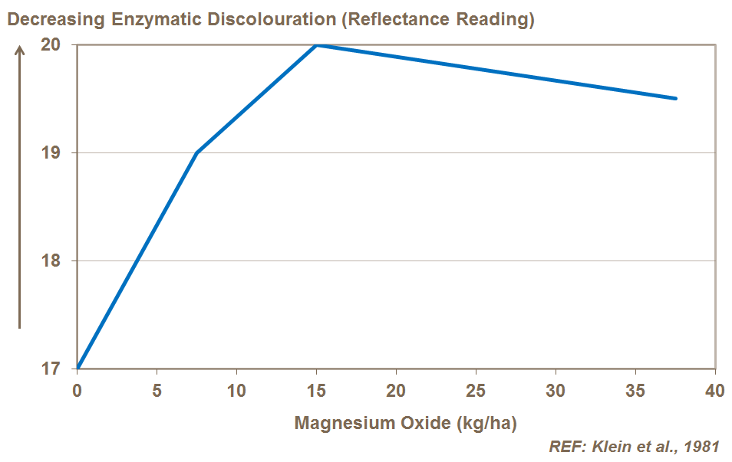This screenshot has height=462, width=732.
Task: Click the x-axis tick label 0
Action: point(77,391)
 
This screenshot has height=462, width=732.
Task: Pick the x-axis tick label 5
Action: point(157,391)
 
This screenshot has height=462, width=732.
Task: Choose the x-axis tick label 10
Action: point(236,391)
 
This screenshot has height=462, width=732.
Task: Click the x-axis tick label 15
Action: point(316,391)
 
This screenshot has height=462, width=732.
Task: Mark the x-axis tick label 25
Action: point(476,391)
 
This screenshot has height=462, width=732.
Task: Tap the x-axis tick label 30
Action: point(556,391)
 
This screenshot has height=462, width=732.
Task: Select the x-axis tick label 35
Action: point(635,391)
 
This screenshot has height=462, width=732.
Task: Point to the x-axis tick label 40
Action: point(714,391)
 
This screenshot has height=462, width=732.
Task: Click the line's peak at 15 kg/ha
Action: point(316,45)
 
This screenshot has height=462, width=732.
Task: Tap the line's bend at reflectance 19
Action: point(197,152)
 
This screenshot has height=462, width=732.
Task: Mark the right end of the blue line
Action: point(675,99)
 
